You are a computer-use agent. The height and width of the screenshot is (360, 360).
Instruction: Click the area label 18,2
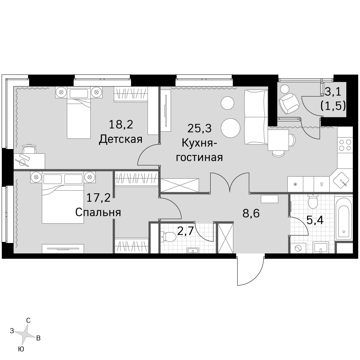pyautogui.click(x=121, y=125)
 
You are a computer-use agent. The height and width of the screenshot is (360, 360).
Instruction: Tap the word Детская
pyautogui.click(x=121, y=139)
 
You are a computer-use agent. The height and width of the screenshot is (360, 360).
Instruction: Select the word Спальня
pyautogui.click(x=98, y=212)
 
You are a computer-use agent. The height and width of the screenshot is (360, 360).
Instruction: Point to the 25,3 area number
pyautogui.click(x=199, y=129)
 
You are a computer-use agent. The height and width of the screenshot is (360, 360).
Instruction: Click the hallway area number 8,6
pyautogui.click(x=251, y=213)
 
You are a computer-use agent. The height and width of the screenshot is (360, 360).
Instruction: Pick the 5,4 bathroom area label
pyautogui.click(x=315, y=220)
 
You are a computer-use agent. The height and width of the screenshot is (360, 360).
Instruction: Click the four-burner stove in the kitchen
pyautogui.click(x=345, y=145)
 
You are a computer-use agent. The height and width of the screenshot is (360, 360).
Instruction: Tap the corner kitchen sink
pyautogui.click(x=341, y=180)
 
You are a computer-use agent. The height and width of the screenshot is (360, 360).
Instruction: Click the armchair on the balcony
pyautogui.click(x=289, y=103)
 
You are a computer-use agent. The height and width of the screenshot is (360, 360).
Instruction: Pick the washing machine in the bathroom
pyautogui.click(x=298, y=248)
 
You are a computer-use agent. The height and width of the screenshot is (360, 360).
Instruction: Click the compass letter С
pyautogui.click(x=28, y=320)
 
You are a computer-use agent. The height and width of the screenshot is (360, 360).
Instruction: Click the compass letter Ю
pyautogui.click(x=21, y=349)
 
